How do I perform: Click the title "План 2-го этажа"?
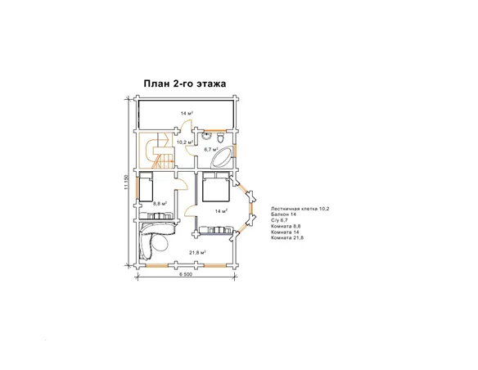tap(185, 83)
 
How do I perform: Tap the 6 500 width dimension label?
tap(186, 274)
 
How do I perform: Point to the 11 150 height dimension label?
tap(127, 183)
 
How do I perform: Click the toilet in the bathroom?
tap(220, 138)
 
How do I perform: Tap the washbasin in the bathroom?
tap(206, 136)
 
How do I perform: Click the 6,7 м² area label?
tap(211, 149)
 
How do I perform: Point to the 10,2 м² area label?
tap(185, 142)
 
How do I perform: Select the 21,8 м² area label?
tap(197, 252)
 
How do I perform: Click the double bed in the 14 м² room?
tap(215, 187)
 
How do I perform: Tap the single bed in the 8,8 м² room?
tap(146, 186)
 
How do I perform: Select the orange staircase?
tap(160, 151)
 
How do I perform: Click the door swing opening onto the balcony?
tap(186, 126)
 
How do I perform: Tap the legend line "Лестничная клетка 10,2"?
tap(300, 209)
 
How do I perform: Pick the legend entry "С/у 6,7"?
tap(279, 220)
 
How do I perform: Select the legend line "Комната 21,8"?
tap(286, 237)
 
